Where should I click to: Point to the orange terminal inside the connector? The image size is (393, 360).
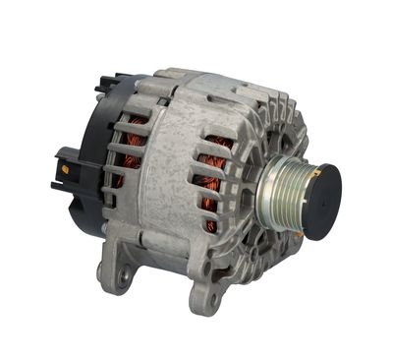tap(65, 170)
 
